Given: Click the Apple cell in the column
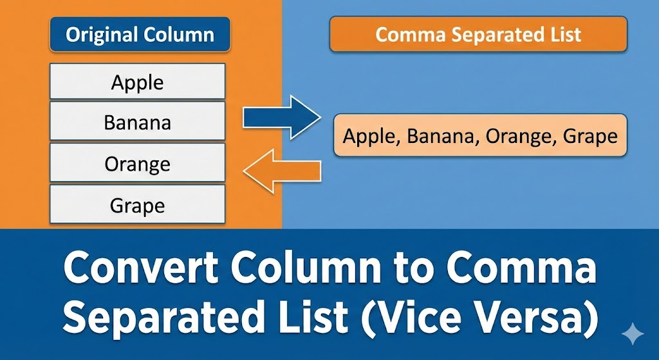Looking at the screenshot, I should point(138,82).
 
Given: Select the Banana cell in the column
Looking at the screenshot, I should point(138,122).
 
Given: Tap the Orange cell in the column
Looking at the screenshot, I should point(138,164).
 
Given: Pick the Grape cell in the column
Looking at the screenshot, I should point(138,205).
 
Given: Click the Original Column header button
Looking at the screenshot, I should point(140,35).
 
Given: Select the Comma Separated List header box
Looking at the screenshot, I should point(478,35).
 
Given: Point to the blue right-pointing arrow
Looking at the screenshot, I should point(281,117).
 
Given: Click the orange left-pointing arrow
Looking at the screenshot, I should point(281,171).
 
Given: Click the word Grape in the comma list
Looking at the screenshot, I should point(590,136).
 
